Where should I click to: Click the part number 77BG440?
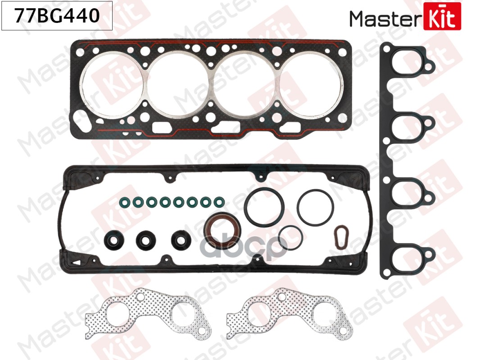pos(57,16)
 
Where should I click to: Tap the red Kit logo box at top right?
pos(442,17)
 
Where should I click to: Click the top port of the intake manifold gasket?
pos(409,64)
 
